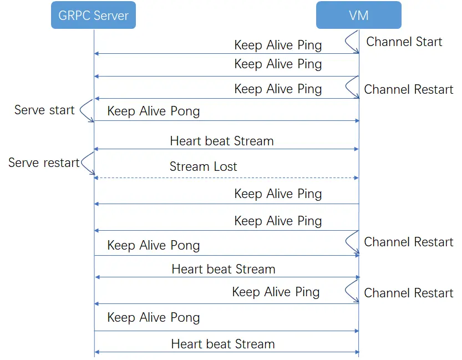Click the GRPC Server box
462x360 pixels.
[x=93, y=15]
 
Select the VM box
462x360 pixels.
[x=358, y=15]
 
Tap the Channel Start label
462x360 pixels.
[x=404, y=42]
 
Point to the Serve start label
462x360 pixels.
[x=44, y=110]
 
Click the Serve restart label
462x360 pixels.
[x=44, y=163]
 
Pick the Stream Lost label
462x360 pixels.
[x=203, y=166]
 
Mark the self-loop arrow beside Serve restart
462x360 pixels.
[x=88, y=164]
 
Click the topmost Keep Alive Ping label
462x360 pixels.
[x=278, y=45]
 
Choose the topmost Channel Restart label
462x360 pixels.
[x=408, y=89]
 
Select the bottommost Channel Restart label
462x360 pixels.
[x=408, y=293]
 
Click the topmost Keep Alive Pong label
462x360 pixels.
[x=154, y=111]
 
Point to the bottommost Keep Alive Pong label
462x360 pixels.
[x=154, y=318]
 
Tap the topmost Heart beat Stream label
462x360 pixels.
[x=222, y=141]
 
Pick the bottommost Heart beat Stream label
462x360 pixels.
[x=223, y=344]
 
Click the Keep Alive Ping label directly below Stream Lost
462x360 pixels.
[x=278, y=194]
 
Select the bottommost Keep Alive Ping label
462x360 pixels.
[x=276, y=292]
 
